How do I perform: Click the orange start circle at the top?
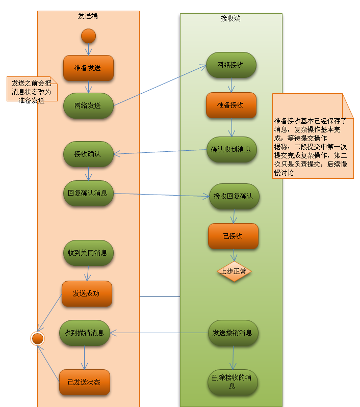pyautogui.click(x=88, y=36)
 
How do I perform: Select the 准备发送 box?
pyautogui.click(x=88, y=68)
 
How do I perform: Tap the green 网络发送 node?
pyautogui.click(x=88, y=105)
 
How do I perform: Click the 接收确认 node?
pyautogui.click(x=88, y=154)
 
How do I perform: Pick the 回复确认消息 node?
pyautogui.click(x=88, y=193)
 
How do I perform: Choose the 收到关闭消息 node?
pyautogui.click(x=88, y=253)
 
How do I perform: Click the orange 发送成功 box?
pyautogui.click(x=87, y=293)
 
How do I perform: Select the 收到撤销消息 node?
pyautogui.click(x=85, y=333)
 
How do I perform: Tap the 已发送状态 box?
pyautogui.click(x=84, y=382)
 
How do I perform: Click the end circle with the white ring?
pyautogui.click(x=37, y=338)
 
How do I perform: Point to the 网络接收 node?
pyautogui.click(x=230, y=65)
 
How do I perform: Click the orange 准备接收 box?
pyautogui.click(x=230, y=105)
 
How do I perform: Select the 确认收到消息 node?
pyautogui.click(x=231, y=149)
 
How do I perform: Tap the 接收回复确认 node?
pyautogui.click(x=234, y=196)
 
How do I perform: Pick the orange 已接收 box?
pyautogui.click(x=233, y=236)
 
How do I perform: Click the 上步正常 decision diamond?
pyautogui.click(x=234, y=271)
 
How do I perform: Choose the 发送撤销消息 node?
pyautogui.click(x=233, y=333)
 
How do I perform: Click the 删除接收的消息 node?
pyautogui.click(x=233, y=382)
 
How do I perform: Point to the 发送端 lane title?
pyautogui.click(x=88, y=16)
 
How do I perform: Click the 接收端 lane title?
pyautogui.click(x=230, y=19)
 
